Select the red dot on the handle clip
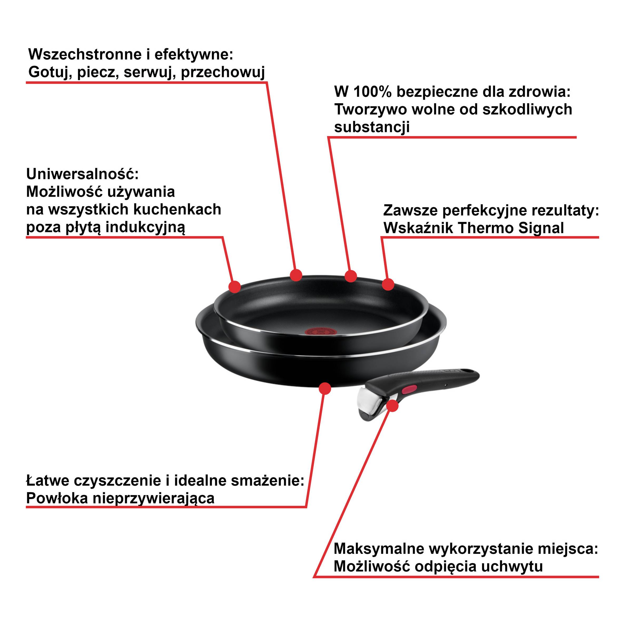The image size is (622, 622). (392, 406)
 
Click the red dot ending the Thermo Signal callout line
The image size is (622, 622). (388, 284)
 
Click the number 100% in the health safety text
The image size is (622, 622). (373, 92)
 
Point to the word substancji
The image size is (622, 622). (372, 127)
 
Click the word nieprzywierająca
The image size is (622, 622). (154, 498)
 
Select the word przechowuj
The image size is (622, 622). (223, 72)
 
